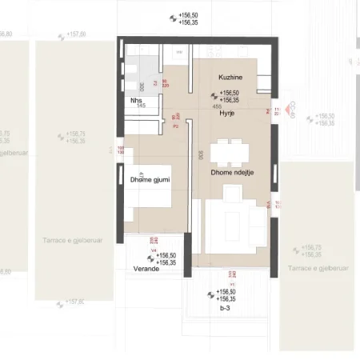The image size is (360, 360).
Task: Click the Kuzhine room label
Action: click(x=230, y=77)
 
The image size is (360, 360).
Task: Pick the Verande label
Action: click(x=146, y=269)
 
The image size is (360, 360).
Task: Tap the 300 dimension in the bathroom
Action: click(x=142, y=86)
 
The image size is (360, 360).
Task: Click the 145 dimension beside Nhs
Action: click(x=141, y=106)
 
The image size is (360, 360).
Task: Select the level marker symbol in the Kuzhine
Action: click(x=212, y=97)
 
